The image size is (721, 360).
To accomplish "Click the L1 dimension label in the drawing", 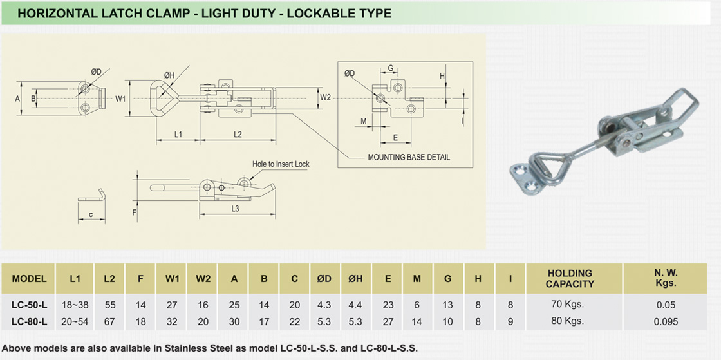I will pyautogui.click(x=178, y=134).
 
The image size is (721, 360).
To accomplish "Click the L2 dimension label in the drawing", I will pyautogui.click(x=237, y=134).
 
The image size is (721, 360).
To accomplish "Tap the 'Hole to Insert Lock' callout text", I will pyautogui.click(x=281, y=164).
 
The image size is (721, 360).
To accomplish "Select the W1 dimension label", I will pyautogui.click(x=120, y=99).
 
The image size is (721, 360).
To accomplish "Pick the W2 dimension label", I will pyautogui.click(x=325, y=97).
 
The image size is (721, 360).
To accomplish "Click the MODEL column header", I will pyautogui.click(x=29, y=279).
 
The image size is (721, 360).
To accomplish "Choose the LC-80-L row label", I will pyautogui.click(x=29, y=320).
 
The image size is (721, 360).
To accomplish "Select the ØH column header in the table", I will pyautogui.click(x=356, y=279).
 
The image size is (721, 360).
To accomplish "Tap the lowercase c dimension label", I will pyautogui.click(x=91, y=213).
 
